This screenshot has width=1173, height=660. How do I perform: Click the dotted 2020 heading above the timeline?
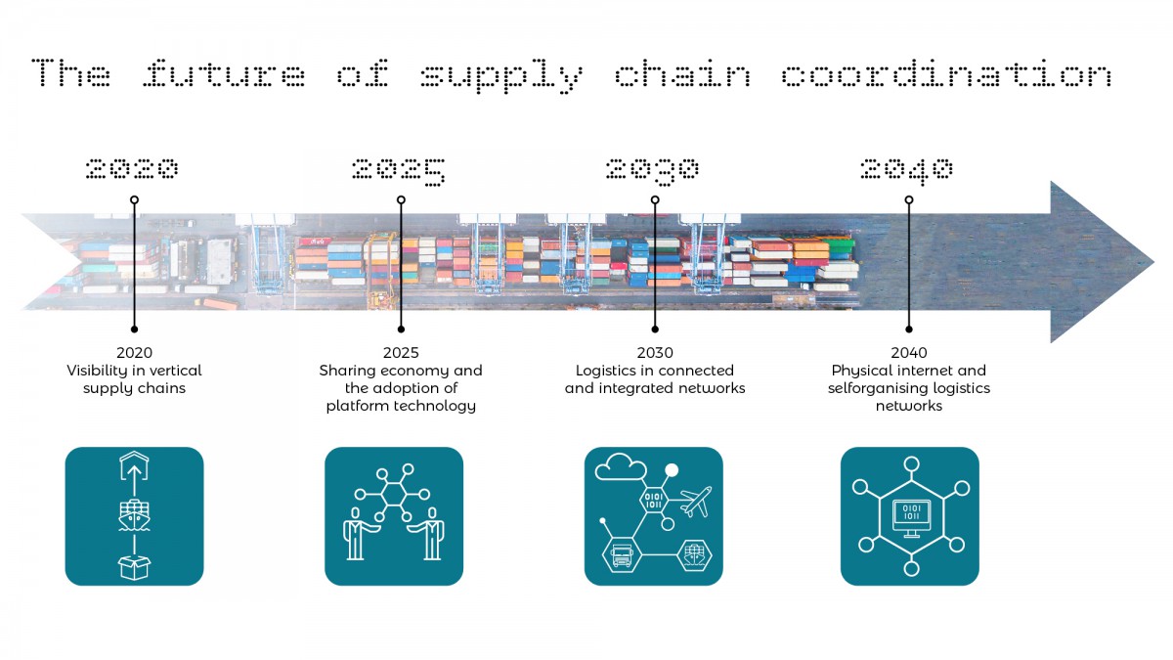[132, 168]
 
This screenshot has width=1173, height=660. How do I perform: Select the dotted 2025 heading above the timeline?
[399, 171]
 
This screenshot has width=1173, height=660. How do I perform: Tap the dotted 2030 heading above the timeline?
[653, 171]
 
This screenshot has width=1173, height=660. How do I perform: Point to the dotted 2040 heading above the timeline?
[906, 171]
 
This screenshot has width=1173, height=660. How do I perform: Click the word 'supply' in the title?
[501, 76]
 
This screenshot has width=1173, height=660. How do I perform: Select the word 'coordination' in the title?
[947, 73]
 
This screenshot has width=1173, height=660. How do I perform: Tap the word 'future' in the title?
[224, 73]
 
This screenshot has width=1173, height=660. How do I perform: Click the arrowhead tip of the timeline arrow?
[1153, 262]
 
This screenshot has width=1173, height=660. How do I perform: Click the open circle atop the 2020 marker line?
[134, 199]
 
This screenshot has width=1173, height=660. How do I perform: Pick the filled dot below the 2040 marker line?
[909, 330]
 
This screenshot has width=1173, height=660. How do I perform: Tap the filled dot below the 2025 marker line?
[401, 330]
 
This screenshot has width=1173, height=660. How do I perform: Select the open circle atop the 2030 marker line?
[655, 199]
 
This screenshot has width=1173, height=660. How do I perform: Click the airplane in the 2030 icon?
[695, 502]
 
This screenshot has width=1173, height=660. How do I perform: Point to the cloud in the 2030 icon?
[621, 466]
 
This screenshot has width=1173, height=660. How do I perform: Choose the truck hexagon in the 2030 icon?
[622, 554]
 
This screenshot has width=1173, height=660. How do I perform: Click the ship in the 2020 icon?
[134, 515]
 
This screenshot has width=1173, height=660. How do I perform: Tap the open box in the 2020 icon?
[134, 568]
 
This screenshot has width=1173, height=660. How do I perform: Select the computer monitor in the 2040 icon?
[912, 518]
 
